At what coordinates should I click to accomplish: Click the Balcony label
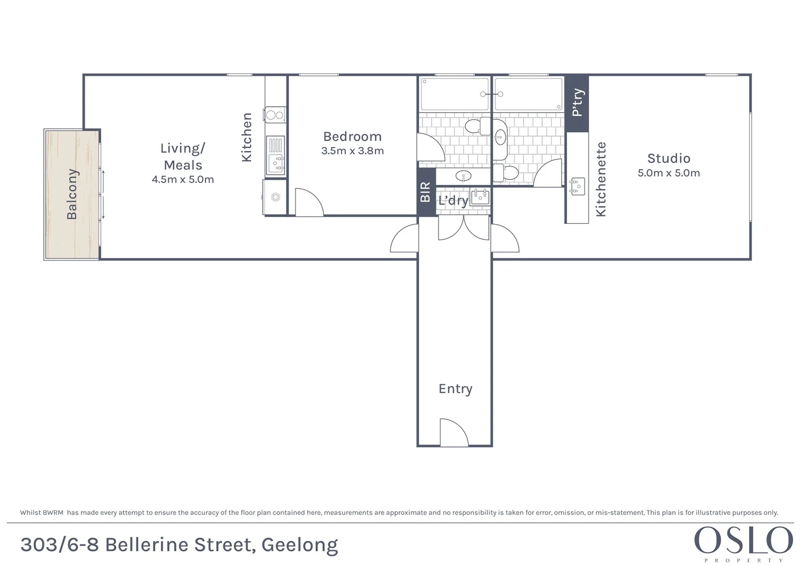coord(72,194)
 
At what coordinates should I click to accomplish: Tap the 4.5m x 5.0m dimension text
coord(183,179)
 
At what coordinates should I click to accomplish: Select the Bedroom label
coord(352,137)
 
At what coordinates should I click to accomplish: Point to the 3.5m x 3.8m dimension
coord(352,151)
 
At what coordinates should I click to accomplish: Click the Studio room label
coord(668,158)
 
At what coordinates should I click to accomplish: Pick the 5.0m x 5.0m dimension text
coord(668,173)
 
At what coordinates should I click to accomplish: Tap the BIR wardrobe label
coord(425,192)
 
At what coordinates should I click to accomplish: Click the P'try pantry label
coord(577,102)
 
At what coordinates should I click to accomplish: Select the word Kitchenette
coord(601,179)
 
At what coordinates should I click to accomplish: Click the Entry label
coord(455,389)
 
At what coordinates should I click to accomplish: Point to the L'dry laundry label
coord(453,201)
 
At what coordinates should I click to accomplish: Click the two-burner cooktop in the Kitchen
coord(275,114)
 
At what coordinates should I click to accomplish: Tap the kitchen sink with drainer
coord(275,156)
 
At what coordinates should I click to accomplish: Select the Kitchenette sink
coord(577,186)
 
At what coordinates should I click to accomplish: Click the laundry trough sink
coord(480,197)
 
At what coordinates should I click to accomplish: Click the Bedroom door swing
coord(309,203)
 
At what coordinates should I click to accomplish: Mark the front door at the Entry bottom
coord(454,433)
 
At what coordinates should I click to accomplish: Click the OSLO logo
coord(743,542)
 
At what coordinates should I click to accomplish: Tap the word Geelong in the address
coord(300,545)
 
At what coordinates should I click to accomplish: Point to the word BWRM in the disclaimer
coord(52,513)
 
